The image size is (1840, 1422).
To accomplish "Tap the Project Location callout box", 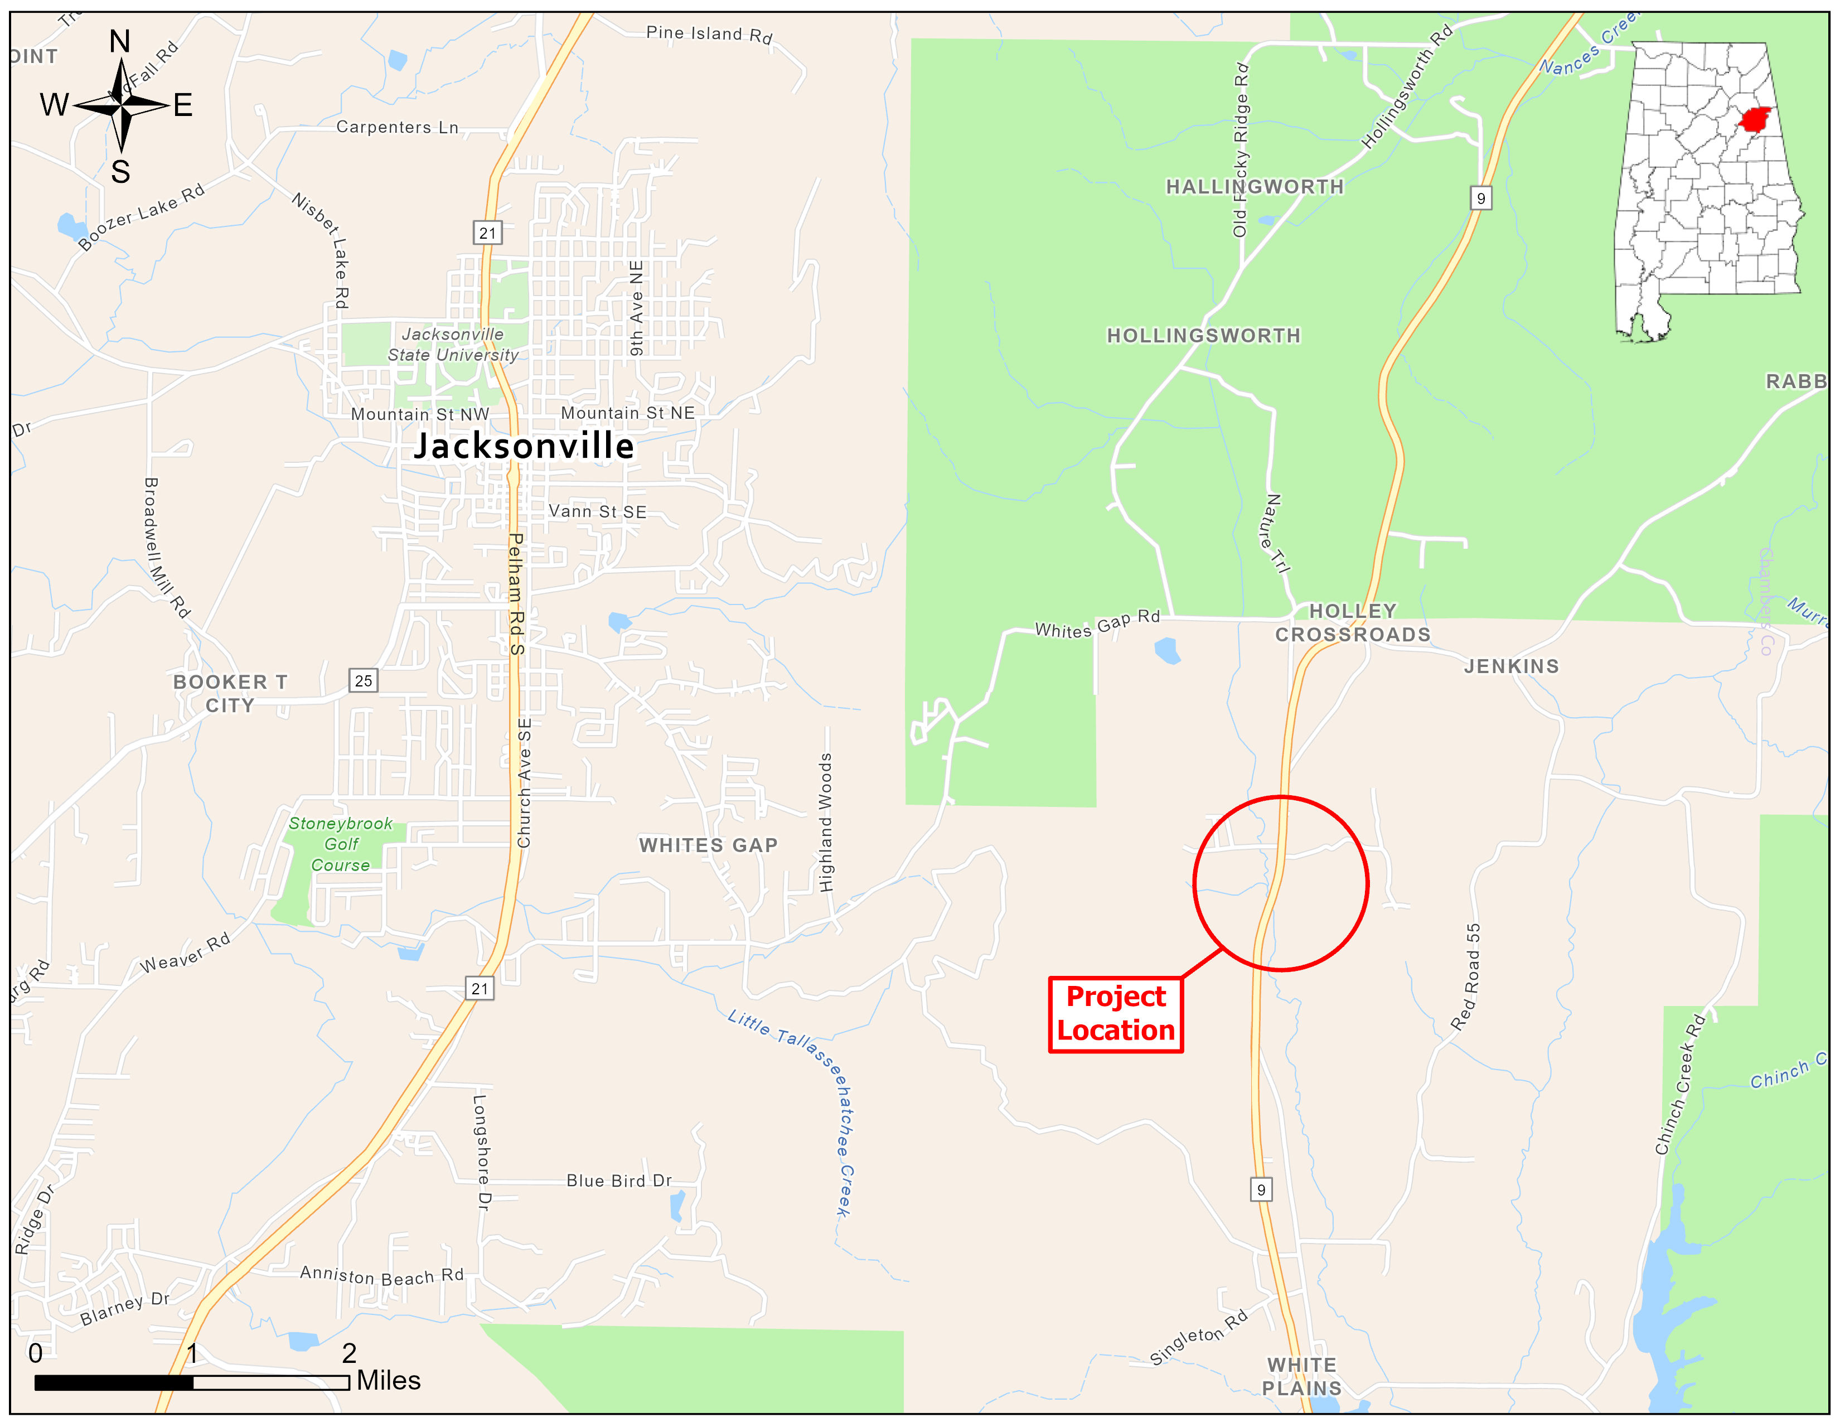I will tap(1116, 1014).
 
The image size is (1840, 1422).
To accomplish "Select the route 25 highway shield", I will tap(363, 681).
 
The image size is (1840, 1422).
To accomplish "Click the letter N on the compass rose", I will tap(120, 41).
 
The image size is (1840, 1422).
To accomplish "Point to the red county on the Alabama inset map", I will tap(1754, 120).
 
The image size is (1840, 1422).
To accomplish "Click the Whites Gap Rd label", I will tap(1097, 624).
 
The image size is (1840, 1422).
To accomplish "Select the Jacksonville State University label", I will tap(452, 345).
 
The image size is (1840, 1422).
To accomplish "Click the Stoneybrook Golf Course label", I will tap(340, 844).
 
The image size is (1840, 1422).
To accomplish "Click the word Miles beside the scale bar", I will tap(389, 1381).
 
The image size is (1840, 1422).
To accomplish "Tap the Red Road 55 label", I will tap(1466, 977).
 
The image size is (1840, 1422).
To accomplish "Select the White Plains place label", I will tap(1301, 1376).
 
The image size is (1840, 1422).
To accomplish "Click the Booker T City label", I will tap(230, 693).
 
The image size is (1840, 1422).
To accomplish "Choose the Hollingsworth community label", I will tap(1203, 335).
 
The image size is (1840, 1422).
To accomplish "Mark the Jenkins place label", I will tap(1512, 666).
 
